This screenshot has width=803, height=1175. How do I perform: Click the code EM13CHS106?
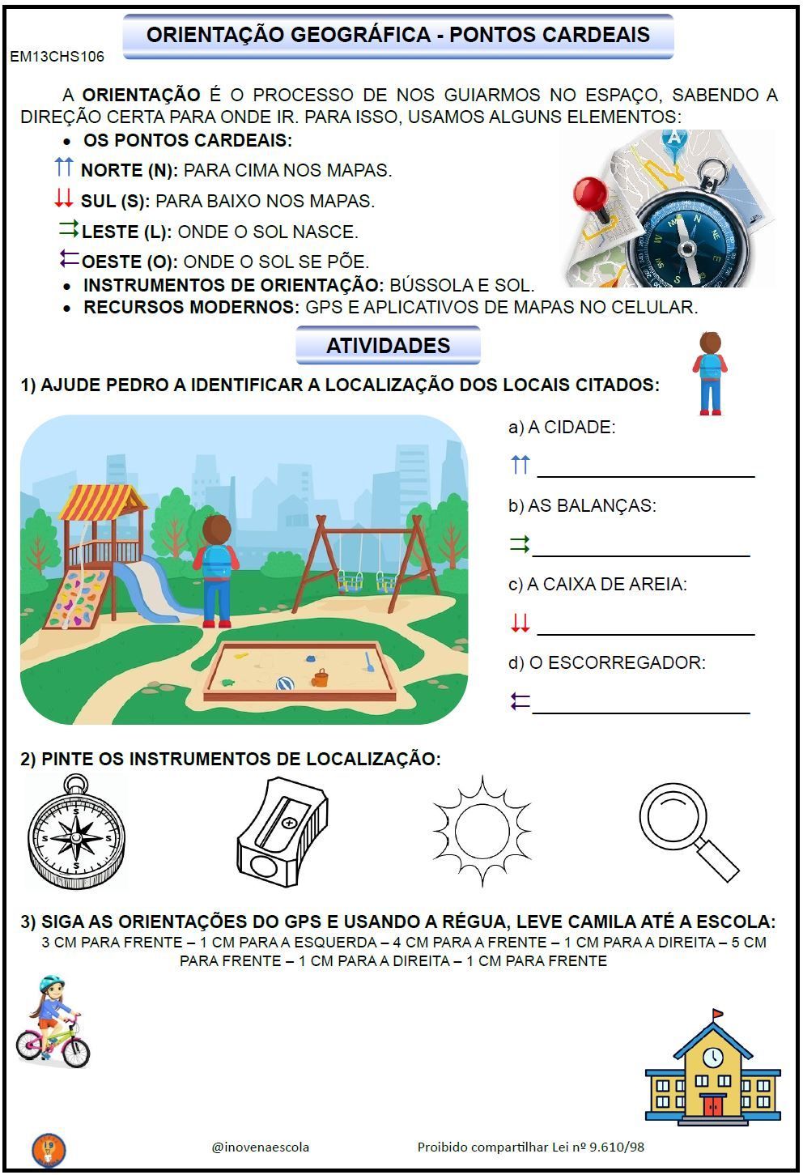click(57, 57)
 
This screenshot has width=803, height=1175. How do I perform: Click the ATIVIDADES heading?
click(388, 346)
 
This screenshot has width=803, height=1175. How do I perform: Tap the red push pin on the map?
click(591, 195)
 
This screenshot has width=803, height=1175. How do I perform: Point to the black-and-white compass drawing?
click(76, 833)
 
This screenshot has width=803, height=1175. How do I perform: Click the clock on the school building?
click(712, 1058)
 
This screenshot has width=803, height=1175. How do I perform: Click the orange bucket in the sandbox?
click(321, 678)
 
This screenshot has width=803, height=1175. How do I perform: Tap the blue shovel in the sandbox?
click(369, 662)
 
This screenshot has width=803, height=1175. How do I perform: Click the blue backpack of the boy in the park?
click(216, 561)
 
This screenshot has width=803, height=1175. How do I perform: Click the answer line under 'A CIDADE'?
click(645, 475)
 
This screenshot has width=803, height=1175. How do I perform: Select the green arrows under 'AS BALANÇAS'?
click(520, 545)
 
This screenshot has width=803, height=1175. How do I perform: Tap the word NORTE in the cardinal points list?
click(112, 171)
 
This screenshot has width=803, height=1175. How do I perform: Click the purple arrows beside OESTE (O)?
click(69, 259)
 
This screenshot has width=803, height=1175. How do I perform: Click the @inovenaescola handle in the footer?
click(260, 1147)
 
